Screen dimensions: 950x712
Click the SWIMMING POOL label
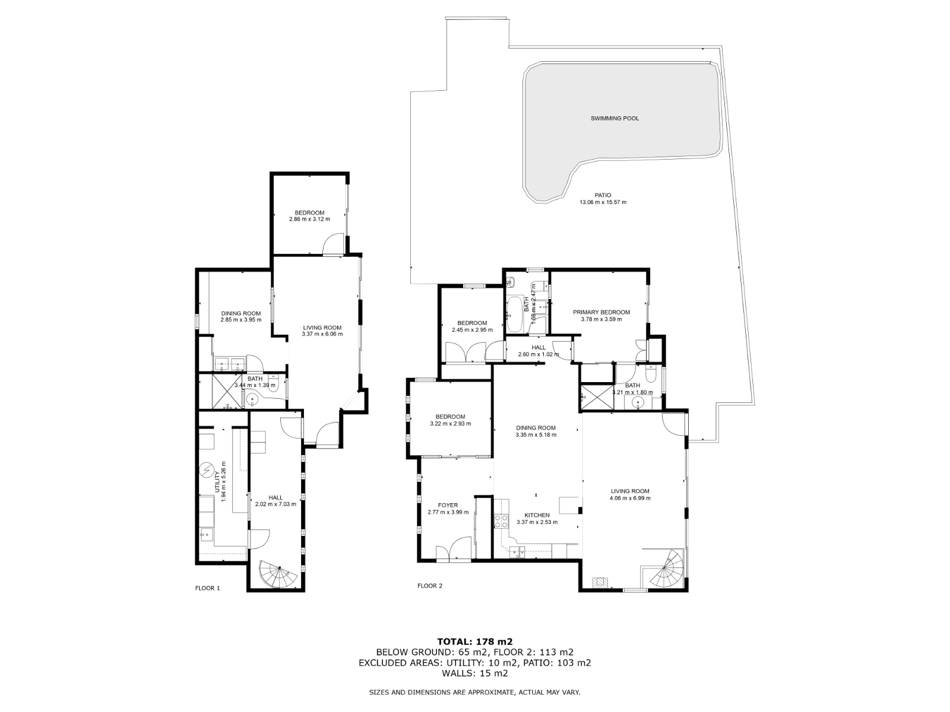[614, 119]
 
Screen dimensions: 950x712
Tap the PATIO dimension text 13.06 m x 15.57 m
[603, 202]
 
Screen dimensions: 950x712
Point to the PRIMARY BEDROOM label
[601, 312]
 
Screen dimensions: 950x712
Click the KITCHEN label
[537, 515]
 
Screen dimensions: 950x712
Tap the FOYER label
[448, 505]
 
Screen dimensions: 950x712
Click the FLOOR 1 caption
[208, 588]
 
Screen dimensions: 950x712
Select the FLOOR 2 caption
[430, 586]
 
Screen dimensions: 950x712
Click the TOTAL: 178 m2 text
[475, 641]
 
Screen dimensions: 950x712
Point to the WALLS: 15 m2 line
[475, 673]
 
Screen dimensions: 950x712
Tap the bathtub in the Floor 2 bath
[515, 314]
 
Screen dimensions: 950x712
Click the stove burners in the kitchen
[501, 521]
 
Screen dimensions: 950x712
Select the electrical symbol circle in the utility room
[207, 470]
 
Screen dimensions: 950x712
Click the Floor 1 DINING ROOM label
[241, 313]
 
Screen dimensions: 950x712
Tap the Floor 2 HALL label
[539, 347]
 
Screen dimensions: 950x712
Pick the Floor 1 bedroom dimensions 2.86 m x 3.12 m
[309, 219]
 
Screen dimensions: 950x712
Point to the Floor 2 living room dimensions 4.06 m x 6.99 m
[630, 498]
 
